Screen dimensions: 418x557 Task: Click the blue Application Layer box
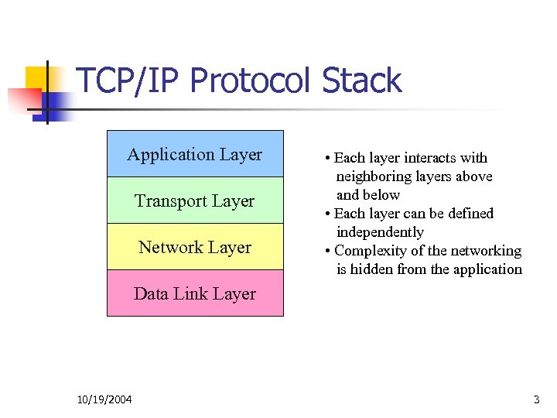pos(195,154)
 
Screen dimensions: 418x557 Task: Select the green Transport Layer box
pos(195,200)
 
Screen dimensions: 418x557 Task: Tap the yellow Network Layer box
pos(195,247)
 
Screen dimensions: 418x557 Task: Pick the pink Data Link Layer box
pos(195,293)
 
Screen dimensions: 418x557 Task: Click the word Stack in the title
pos(361,81)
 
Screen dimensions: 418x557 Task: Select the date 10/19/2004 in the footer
pos(104,399)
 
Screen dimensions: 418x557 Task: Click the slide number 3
pos(536,399)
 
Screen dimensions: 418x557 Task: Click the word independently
pos(380,232)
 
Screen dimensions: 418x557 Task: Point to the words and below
pos(367,195)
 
